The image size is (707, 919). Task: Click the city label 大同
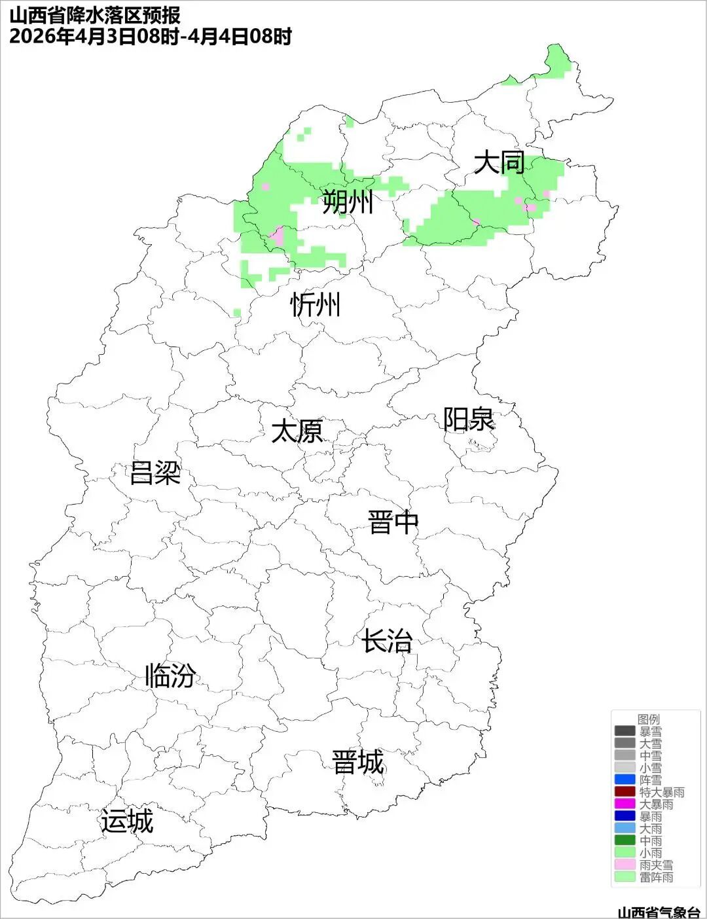[x=499, y=162]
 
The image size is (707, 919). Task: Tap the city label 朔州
[x=348, y=202]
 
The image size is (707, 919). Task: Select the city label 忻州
[x=316, y=304]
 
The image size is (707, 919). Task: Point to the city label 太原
[x=297, y=431]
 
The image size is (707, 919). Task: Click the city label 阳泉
[x=469, y=420]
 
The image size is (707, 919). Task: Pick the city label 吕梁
[x=155, y=472]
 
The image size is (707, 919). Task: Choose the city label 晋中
[x=393, y=522]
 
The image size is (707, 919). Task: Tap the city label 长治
[x=387, y=640]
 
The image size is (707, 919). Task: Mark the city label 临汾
[x=170, y=676]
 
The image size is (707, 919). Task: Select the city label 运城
[x=127, y=821]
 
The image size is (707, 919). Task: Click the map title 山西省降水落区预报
[x=95, y=15]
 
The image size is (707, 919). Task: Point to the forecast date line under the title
[x=150, y=36]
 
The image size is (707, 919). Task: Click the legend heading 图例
[x=648, y=719]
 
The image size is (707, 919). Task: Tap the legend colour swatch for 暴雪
[x=625, y=731]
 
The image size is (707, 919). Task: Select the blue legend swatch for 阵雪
[x=625, y=780]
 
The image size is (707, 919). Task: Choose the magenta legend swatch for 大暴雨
[x=625, y=804]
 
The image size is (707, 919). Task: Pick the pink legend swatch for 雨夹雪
[x=625, y=865]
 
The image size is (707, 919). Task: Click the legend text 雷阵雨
[x=657, y=877]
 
